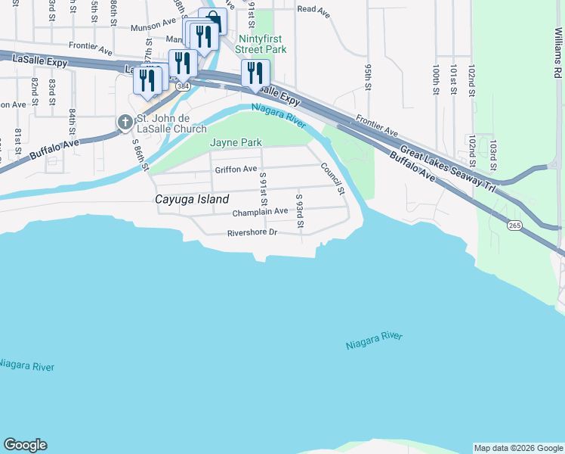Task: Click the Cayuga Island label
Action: click(192, 200)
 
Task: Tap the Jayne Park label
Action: click(236, 142)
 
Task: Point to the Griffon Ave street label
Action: click(236, 169)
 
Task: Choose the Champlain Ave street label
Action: click(260, 213)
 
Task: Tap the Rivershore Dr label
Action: click(254, 232)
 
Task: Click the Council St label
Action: click(332, 179)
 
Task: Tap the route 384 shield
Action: click(183, 86)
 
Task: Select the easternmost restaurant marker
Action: click(255, 73)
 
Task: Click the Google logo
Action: click(25, 445)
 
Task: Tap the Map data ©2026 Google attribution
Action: click(518, 448)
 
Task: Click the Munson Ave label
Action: click(153, 26)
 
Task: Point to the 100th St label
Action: click(436, 79)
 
